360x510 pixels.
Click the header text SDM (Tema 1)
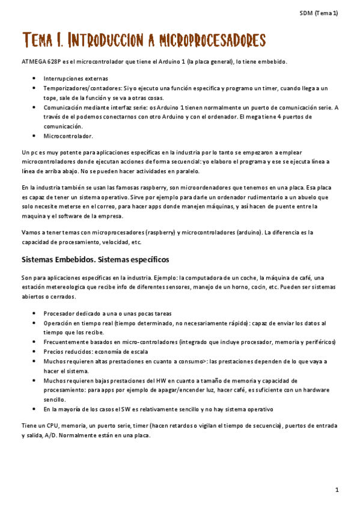[319, 13]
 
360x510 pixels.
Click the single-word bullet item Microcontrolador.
[67, 137]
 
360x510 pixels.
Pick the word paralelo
[187, 171]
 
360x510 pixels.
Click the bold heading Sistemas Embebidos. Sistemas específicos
[96, 260]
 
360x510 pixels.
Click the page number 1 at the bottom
[337, 490]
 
